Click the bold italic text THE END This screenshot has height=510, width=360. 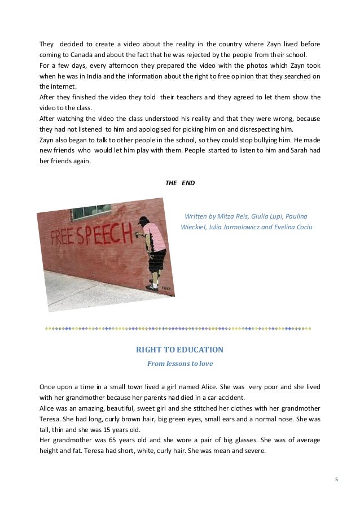coord(179,183)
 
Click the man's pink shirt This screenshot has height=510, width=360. coord(155,235)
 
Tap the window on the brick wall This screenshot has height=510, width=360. coord(90,212)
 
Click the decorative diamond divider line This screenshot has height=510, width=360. coord(179,328)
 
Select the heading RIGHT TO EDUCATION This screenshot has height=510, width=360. coord(179,350)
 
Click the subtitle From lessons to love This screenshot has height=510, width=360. coord(179,364)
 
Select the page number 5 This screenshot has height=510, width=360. coord(337,480)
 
